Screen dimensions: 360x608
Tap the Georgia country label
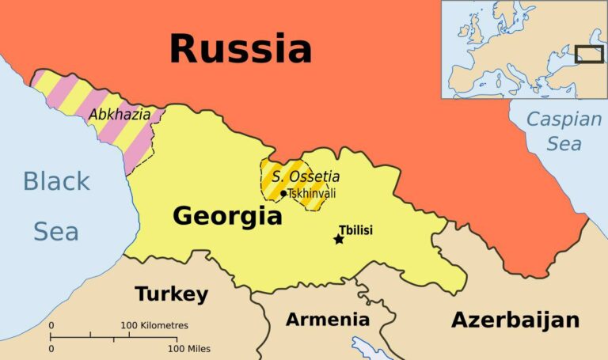(227, 215)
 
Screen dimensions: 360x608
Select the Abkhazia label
(120, 115)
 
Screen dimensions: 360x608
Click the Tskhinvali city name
(313, 192)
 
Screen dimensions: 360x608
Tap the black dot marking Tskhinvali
(283, 193)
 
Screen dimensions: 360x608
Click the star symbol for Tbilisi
(339, 239)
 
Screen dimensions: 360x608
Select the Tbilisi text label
(355, 230)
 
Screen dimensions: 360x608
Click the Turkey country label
(171, 294)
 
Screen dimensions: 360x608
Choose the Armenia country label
(327, 320)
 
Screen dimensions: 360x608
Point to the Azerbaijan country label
(515, 320)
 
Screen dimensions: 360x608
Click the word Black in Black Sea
(57, 181)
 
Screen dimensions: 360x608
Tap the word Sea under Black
(55, 231)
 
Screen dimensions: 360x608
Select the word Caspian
(564, 120)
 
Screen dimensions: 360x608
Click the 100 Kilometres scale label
(154, 325)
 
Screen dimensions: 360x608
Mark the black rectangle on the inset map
(589, 55)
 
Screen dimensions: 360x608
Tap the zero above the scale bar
(51, 325)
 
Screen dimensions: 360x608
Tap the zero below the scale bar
(51, 348)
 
